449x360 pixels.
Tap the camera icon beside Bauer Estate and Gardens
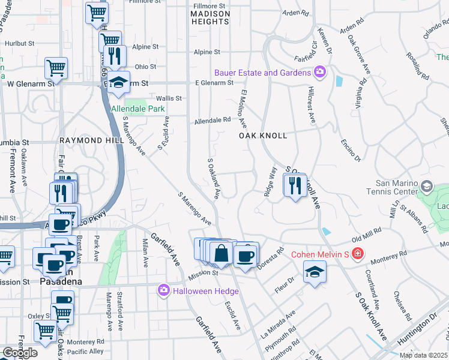coord(320,73)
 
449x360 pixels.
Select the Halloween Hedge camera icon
coord(163,291)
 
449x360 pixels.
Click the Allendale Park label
coord(138,109)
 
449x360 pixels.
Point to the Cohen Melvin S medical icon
coord(358,254)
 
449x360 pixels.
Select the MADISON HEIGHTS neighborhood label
coord(210,17)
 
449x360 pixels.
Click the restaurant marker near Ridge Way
coord(295,185)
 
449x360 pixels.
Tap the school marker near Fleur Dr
coord(315,272)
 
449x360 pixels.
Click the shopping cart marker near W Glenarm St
coord(56,68)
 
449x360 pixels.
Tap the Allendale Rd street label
coord(212,121)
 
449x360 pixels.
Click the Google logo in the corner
coord(19,353)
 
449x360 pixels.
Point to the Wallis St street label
coord(169,98)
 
